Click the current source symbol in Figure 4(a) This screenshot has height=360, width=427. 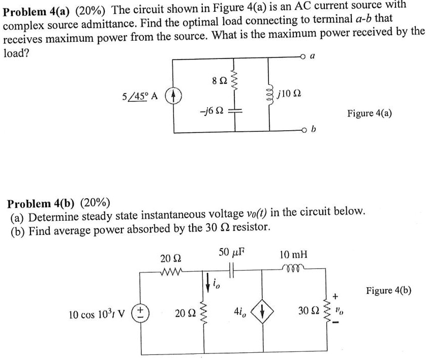(174, 95)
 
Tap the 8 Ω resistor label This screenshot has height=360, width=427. (218, 81)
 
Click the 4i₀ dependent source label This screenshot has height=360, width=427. (239, 310)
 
